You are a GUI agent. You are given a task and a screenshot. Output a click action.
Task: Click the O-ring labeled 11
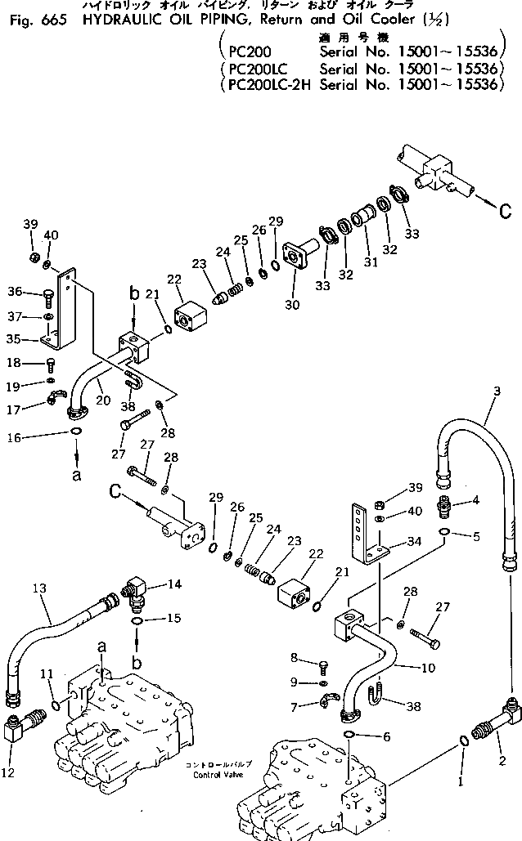55,705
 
